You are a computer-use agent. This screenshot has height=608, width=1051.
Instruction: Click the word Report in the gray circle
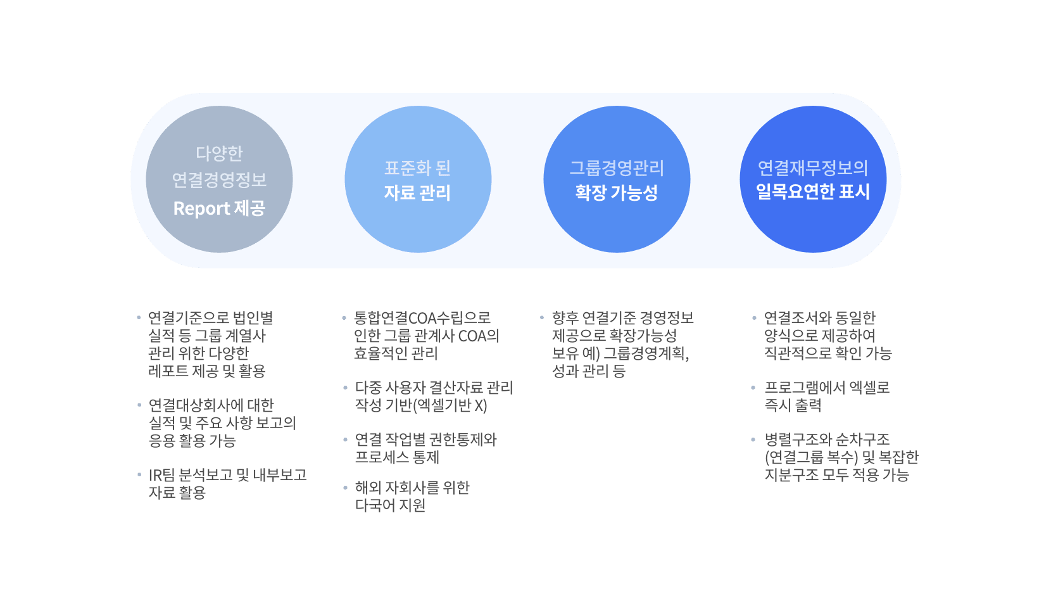(202, 208)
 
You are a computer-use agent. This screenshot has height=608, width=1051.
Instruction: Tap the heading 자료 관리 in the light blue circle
(417, 193)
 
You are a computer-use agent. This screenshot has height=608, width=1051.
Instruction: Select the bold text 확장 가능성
(617, 193)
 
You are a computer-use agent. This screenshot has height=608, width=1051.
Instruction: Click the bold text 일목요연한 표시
(813, 191)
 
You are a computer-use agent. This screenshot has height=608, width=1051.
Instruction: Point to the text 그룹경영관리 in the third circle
(617, 168)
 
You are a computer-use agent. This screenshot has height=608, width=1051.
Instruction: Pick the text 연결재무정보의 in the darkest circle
(813, 168)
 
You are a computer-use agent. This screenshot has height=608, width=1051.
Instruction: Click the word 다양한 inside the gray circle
(219, 153)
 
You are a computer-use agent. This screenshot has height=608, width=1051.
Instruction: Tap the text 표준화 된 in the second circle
(417, 168)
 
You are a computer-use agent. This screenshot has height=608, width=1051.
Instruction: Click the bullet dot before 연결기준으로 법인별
(139, 318)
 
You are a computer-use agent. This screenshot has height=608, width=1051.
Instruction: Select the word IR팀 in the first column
(161, 474)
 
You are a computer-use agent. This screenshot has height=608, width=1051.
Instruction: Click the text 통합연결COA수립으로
(422, 318)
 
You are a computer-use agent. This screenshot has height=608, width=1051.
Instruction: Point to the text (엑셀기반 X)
(450, 405)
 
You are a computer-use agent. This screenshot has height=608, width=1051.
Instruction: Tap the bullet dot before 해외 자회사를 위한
(345, 488)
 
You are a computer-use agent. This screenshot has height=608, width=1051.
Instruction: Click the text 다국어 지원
(391, 505)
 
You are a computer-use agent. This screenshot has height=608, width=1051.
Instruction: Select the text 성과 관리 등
(589, 371)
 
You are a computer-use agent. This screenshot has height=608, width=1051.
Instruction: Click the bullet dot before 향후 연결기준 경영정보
(542, 318)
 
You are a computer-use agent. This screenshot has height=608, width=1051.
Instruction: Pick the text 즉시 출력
(793, 405)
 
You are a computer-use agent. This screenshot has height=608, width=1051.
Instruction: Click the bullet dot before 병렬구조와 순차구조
(753, 440)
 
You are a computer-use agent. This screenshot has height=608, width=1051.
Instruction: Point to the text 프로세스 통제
(397, 457)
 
